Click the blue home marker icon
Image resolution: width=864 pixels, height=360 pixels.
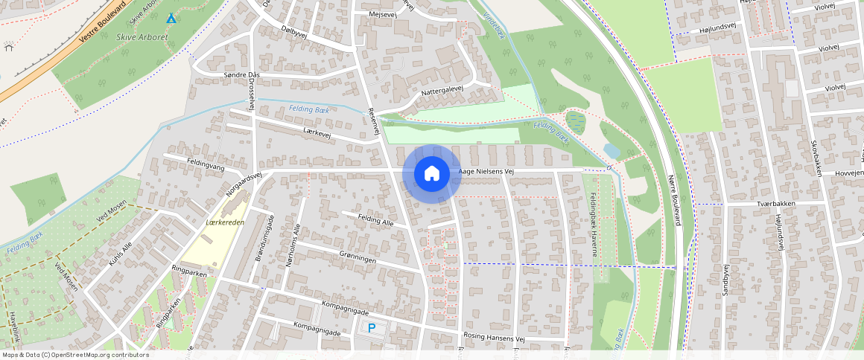click(431, 173)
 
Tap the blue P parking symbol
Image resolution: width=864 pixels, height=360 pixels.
click(371, 327)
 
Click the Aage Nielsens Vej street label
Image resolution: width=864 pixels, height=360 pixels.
click(487, 171)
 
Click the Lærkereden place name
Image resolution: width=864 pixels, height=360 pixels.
click(225, 222)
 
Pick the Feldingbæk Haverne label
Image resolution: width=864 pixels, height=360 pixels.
click(594, 224)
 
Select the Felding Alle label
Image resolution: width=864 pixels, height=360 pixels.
click(375, 220)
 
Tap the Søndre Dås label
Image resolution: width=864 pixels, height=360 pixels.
click(241, 75)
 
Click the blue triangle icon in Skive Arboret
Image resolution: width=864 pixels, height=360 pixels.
click(172, 18)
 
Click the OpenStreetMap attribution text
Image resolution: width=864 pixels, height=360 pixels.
click(74, 355)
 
